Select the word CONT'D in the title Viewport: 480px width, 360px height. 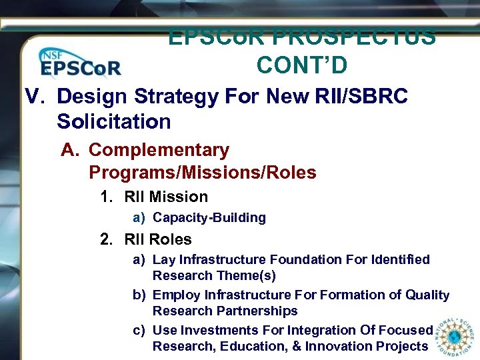301,65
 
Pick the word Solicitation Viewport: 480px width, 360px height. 114,122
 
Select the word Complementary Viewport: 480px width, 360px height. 159,151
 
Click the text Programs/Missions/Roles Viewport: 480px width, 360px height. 202,173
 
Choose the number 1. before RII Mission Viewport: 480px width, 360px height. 107,197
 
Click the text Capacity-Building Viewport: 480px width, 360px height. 209,218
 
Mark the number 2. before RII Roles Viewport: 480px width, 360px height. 107,240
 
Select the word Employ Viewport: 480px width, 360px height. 176,295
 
